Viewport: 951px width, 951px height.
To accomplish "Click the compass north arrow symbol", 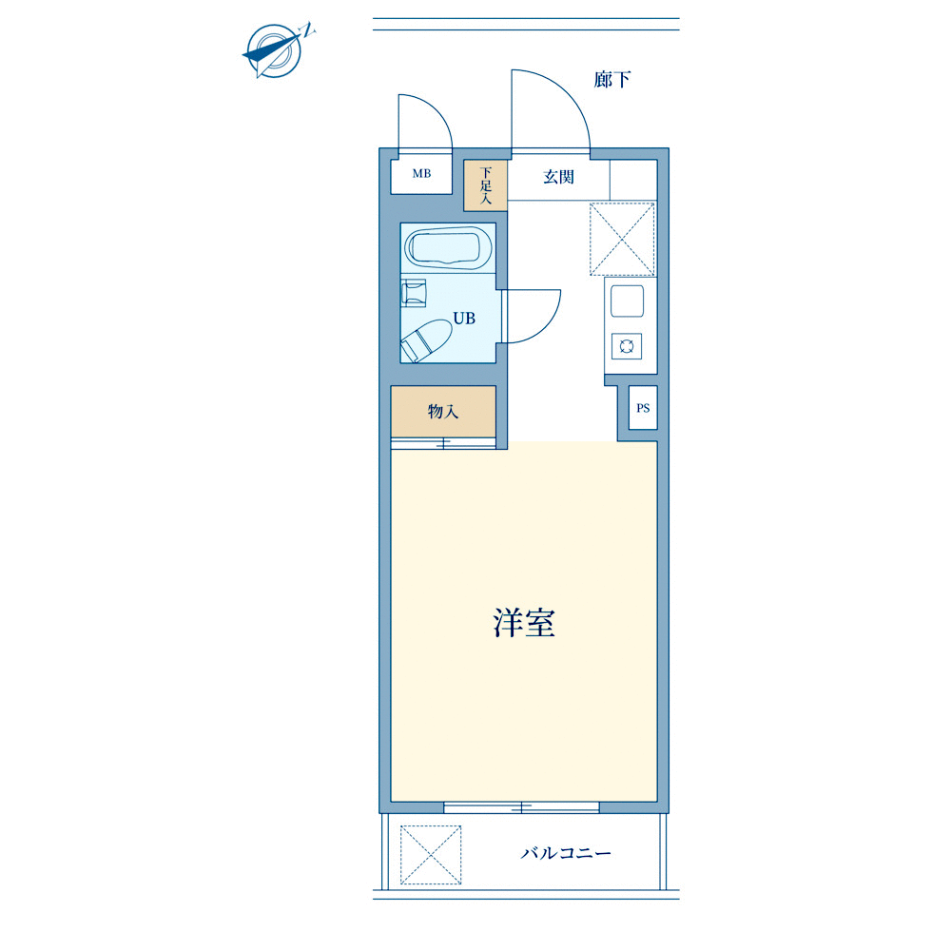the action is point(276,51).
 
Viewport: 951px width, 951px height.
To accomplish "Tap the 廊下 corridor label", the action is point(611,80).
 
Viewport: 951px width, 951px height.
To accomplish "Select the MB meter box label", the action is point(421,174).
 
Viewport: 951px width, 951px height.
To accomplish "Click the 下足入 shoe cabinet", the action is point(485,185).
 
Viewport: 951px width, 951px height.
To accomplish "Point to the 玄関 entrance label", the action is point(558,177).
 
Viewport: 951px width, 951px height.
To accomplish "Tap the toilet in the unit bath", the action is point(426,340).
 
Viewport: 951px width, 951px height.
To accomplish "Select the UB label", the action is point(464,319).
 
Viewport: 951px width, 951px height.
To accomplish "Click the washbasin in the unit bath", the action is point(414,293).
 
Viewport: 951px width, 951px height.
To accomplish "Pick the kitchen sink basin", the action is point(627,301).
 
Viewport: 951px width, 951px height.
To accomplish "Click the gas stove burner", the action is point(627,346).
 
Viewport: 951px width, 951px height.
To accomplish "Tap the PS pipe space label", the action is point(643,408).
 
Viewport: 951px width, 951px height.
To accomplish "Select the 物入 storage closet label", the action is point(443,412).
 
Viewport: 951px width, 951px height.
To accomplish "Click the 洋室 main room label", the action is point(523,622).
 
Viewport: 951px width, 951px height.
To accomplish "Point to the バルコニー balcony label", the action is point(566,853).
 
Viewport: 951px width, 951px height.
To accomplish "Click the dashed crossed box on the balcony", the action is point(431,855).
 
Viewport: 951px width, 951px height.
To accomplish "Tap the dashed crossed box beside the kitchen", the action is point(622,239).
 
